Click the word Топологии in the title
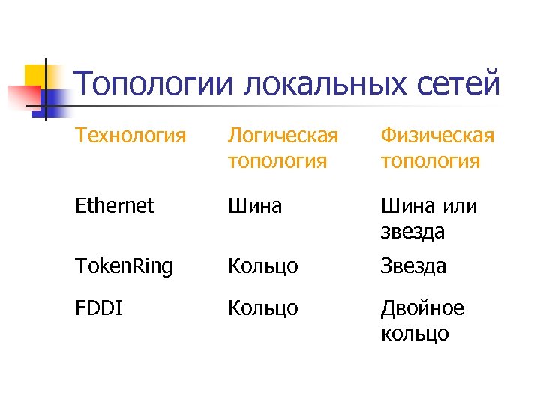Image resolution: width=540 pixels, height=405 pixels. point(154,85)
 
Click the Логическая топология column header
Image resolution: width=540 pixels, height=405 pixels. point(283,148)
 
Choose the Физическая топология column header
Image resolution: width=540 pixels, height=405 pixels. point(437,148)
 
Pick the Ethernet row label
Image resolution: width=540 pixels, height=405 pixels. point(115,205)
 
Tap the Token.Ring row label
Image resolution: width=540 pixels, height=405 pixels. point(124,265)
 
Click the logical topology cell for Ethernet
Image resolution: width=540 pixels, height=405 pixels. point(255,205)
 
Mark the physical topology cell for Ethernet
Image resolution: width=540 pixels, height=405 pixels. point(428,218)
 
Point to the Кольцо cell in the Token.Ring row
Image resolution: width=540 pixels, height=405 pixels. point(262,265)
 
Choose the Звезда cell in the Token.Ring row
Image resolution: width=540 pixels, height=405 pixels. point(413,265)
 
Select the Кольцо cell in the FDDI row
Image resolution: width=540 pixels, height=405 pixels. point(262,308)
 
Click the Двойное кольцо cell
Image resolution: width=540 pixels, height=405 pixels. point(422,320)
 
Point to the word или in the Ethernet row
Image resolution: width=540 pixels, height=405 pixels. point(459,205)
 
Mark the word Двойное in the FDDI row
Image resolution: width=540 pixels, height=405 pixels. point(422,308)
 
